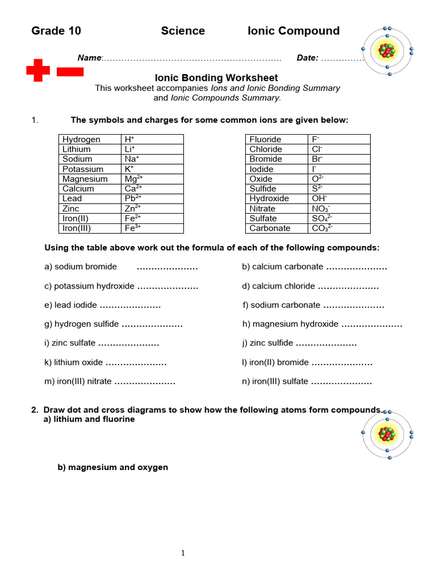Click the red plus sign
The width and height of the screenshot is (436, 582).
click(38, 70)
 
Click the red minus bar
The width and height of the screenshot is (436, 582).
click(70, 72)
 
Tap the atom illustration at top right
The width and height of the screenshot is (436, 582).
click(388, 51)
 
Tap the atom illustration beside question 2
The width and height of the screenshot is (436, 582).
click(388, 435)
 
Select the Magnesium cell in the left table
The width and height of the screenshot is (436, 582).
click(85, 179)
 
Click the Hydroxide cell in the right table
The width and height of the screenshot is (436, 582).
click(269, 199)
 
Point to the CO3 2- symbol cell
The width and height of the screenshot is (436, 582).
click(322, 228)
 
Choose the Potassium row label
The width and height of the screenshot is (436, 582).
click(83, 169)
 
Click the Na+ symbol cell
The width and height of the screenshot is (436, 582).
click(132, 159)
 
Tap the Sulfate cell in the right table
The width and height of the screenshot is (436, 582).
click(263, 218)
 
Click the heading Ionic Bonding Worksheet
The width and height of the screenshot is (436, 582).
click(216, 78)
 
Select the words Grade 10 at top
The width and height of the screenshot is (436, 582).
click(56, 31)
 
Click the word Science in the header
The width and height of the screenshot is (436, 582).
click(183, 31)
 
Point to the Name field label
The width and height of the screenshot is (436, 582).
click(89, 58)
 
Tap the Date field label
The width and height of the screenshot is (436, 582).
click(307, 58)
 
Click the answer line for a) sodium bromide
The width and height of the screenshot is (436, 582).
click(167, 267)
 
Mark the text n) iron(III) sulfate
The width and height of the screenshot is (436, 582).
click(275, 382)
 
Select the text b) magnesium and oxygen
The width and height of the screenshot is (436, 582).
click(113, 467)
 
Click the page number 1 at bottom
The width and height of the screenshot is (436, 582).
click(183, 553)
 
